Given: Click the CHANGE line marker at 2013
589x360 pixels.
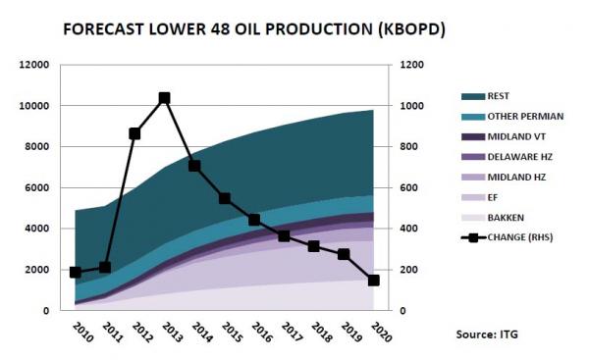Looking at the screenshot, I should [164, 98].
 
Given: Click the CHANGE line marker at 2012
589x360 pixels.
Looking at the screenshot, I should [134, 133].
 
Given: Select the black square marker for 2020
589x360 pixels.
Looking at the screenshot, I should [374, 281].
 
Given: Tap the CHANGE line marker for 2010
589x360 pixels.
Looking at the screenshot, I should [76, 272].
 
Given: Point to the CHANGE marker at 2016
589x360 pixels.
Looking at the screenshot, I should [254, 220].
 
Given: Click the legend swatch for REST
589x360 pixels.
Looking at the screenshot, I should [473, 96].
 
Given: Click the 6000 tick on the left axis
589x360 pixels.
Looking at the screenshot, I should [40, 187].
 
